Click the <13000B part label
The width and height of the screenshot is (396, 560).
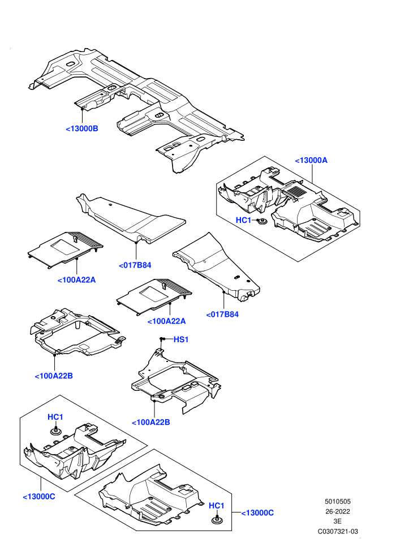pyautogui.click(x=82, y=128)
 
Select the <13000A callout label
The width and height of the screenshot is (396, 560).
pyautogui.click(x=311, y=160)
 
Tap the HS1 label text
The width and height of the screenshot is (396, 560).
pyautogui.click(x=181, y=339)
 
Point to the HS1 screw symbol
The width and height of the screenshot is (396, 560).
pyautogui.click(x=162, y=339)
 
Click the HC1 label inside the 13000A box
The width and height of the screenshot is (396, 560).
pyautogui.click(x=243, y=221)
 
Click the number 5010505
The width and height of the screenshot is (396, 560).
pyautogui.click(x=337, y=501)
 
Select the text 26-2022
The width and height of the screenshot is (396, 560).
pyautogui.click(x=337, y=511)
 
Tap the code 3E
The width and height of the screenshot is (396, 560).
pyautogui.click(x=337, y=522)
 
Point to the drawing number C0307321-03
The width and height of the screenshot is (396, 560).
pyautogui.click(x=338, y=531)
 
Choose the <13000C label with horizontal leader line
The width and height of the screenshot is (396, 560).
pyautogui.click(x=257, y=513)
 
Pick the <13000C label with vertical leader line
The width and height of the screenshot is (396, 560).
pyautogui.click(x=39, y=497)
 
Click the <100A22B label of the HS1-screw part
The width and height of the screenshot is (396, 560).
pyautogui.click(x=151, y=422)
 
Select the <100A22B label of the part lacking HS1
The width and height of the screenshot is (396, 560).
pyautogui.click(x=54, y=376)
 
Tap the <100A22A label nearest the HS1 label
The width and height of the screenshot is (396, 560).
pyautogui.click(x=167, y=321)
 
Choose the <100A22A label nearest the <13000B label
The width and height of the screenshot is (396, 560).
pyautogui.click(x=77, y=280)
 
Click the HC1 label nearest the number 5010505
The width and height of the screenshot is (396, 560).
pyautogui.click(x=217, y=506)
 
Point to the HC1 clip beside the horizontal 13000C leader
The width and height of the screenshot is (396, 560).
pyautogui.click(x=217, y=520)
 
